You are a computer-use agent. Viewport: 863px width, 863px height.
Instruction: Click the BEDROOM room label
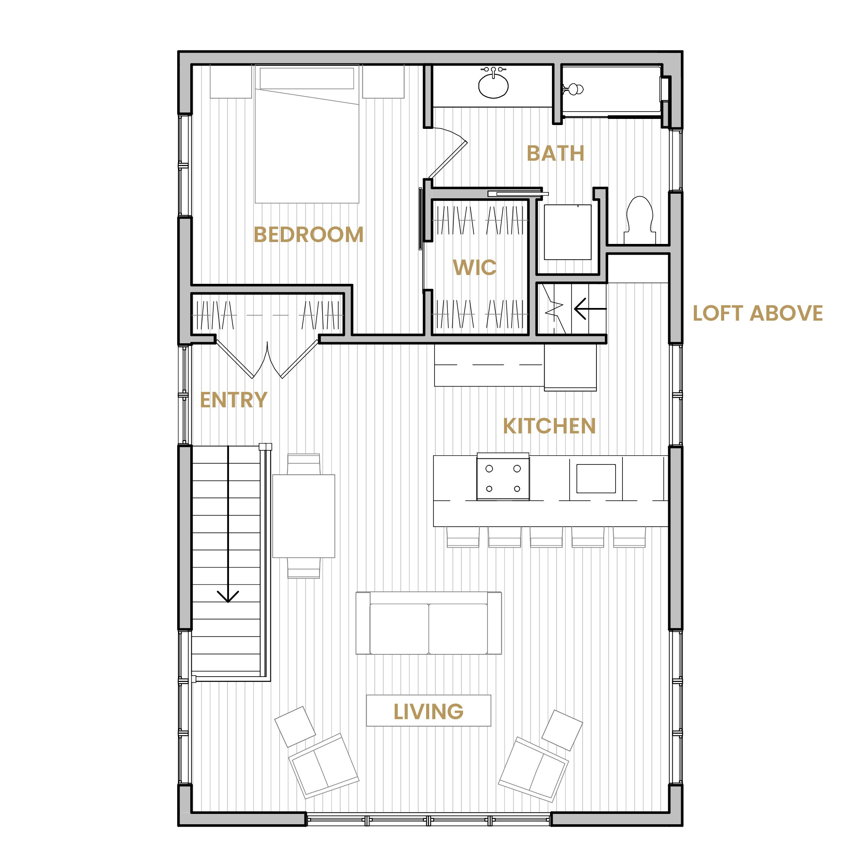coord(308,234)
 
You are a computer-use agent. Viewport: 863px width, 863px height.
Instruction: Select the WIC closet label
coord(474,268)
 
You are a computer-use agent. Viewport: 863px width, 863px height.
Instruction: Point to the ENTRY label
coord(233,400)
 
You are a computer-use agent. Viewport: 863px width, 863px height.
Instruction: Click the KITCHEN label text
coord(549,426)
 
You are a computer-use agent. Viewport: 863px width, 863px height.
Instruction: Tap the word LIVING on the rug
coord(428,711)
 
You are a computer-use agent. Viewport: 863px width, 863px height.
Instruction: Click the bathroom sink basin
coord(493,86)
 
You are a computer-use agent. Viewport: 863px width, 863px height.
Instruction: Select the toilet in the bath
coord(640,220)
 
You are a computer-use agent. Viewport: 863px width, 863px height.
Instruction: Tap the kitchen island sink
coord(596,478)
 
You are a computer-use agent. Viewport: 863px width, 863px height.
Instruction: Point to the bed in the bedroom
coord(307,134)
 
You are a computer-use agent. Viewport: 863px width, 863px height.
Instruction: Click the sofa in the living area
coord(428,623)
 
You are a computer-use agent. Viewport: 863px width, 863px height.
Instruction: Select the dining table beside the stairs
coord(304,516)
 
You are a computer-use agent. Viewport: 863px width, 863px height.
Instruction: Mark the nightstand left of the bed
coord(231,81)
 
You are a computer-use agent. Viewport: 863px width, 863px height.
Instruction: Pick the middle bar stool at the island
coord(546,537)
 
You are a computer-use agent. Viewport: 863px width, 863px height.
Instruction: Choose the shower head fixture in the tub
coord(573,89)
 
